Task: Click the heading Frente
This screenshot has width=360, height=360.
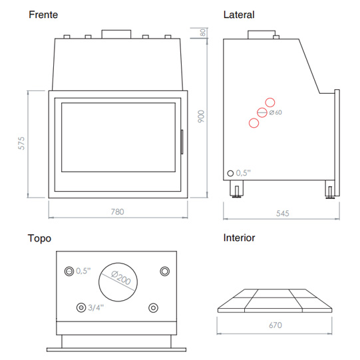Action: [43, 15]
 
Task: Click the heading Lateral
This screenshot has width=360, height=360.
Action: [239, 15]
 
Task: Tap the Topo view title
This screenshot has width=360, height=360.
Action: [39, 238]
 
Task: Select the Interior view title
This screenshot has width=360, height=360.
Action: [239, 238]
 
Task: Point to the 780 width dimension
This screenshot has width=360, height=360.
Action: [117, 212]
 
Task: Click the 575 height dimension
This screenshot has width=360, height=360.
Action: [21, 143]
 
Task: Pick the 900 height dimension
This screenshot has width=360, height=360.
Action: [201, 116]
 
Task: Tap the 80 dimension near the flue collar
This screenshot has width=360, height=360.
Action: [203, 33]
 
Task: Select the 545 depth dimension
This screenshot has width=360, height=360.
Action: [282, 214]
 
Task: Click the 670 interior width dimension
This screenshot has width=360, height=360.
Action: [275, 325]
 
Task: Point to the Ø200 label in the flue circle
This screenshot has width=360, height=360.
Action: [120, 277]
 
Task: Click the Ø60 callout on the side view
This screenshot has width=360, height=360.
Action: [275, 112]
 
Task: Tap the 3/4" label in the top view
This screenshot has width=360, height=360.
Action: [96, 307]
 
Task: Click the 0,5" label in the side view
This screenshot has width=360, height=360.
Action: [244, 173]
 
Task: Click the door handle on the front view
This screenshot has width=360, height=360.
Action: [182, 142]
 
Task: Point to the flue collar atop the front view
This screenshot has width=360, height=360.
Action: [116, 34]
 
